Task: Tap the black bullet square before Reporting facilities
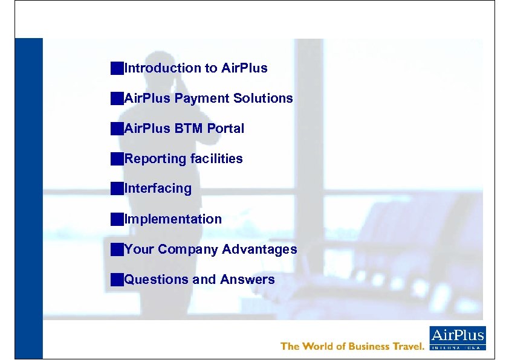click(117, 159)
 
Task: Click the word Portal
click(225, 129)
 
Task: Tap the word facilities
click(215, 159)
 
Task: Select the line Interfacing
click(157, 188)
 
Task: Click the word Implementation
click(173, 219)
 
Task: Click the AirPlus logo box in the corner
click(457, 338)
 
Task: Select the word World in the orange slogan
click(322, 346)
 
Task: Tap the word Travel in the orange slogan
click(405, 346)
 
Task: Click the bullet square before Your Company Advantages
click(117, 249)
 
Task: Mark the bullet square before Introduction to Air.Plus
click(117, 68)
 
